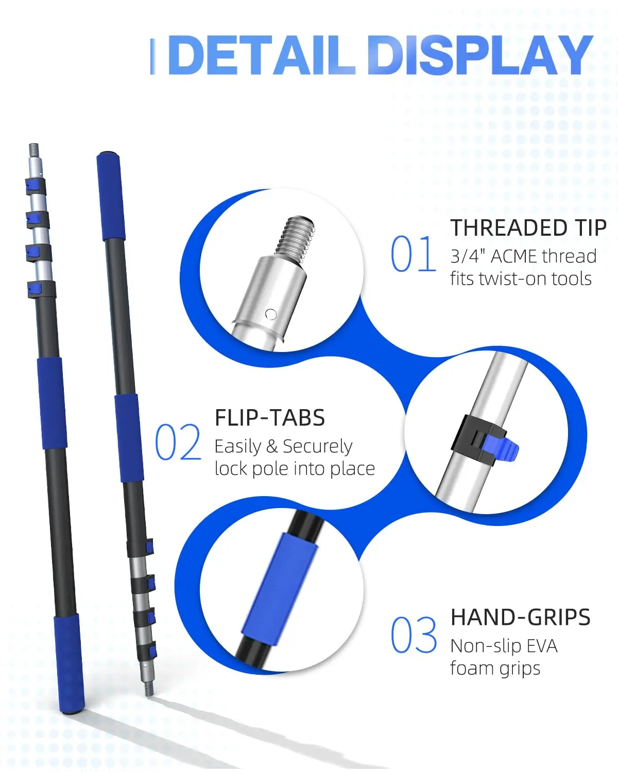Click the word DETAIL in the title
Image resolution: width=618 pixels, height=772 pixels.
pos(261,55)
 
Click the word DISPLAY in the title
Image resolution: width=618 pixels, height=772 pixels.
pos(480,55)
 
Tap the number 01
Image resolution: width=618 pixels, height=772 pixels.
pos(413,254)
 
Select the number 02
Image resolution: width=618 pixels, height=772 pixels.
pos(178,442)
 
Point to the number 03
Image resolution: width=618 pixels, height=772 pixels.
pos(413,635)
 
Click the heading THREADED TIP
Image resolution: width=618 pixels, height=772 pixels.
pos(528,228)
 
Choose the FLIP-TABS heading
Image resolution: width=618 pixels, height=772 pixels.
pos(270,418)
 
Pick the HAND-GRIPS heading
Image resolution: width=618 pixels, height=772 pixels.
pos(520,617)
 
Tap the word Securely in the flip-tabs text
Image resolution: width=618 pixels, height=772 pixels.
pos(317,446)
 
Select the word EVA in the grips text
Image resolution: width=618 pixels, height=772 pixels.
pos(542,646)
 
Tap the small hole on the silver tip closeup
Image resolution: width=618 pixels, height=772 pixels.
pos(270,314)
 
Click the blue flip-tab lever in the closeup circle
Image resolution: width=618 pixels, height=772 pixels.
pos(501,448)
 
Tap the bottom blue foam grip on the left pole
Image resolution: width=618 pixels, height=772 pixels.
pos(69,663)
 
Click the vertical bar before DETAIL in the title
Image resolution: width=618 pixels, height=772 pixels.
pos(152,56)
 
